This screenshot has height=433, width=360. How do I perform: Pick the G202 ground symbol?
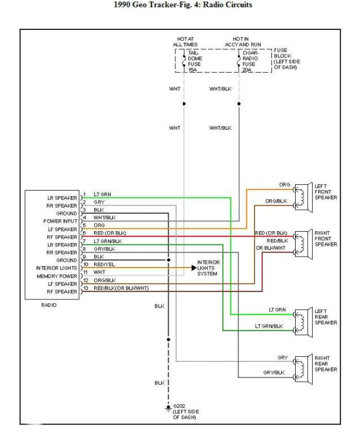pyautogui.click(x=168, y=407)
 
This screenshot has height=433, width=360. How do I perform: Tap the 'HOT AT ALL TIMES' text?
pyautogui.click(x=185, y=41)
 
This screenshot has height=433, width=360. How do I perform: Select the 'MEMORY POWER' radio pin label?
pyautogui.click(x=58, y=276)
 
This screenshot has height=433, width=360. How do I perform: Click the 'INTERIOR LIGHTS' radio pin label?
pyautogui.click(x=57, y=268)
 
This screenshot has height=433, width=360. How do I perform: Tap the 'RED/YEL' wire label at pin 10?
pyautogui.click(x=102, y=264)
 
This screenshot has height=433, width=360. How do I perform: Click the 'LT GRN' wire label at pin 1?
pyautogui.click(x=102, y=194)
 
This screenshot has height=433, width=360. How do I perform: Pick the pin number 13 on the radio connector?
pyautogui.click(x=85, y=288)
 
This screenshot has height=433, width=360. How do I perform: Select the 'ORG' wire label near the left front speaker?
pyautogui.click(x=285, y=185)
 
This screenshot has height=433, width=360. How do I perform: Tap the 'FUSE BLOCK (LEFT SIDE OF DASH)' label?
pyautogui.click(x=286, y=59)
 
